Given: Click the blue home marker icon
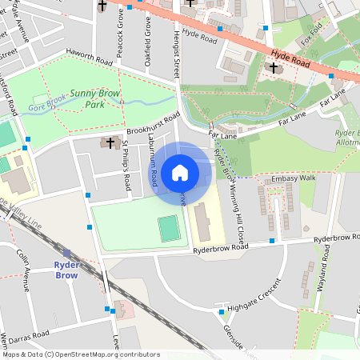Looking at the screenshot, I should click(180, 172).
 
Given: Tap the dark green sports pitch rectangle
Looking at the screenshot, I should click(169, 230).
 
